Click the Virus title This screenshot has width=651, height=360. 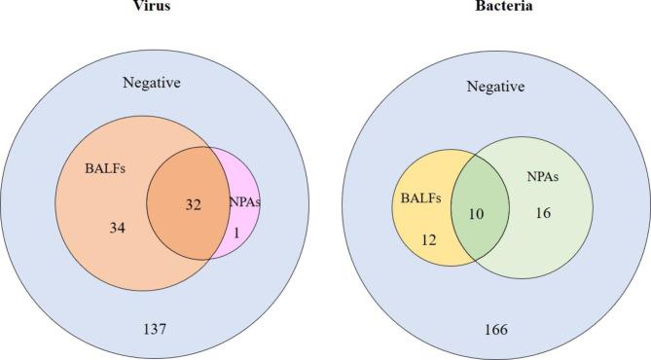coord(154,5)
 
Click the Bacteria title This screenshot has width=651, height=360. coord(496,5)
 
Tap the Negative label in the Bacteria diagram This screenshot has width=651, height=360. coord(495,87)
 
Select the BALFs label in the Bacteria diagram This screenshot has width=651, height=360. coord(421,198)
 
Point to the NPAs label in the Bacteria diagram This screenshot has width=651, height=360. coord(543,180)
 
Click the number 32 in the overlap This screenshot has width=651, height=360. coord(193,205)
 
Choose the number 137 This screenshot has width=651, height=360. coord(155,330)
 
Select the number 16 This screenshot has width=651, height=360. coord(543,212)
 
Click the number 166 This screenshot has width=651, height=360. coord(495,330)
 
